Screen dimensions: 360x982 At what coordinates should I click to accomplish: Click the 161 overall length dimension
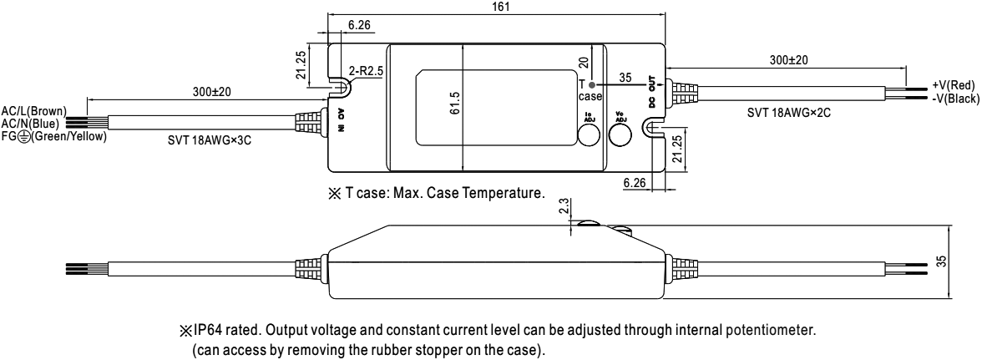499,7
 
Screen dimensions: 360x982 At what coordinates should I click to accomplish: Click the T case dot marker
592,85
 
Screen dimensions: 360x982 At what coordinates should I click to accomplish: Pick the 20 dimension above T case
582,61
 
